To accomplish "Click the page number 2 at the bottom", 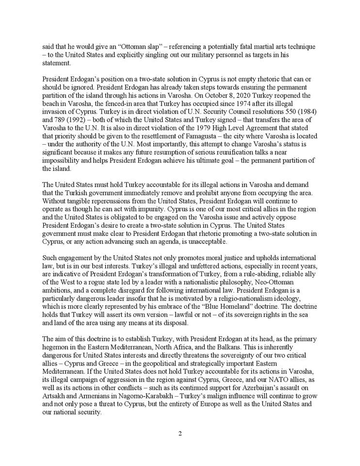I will pos(180,433).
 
